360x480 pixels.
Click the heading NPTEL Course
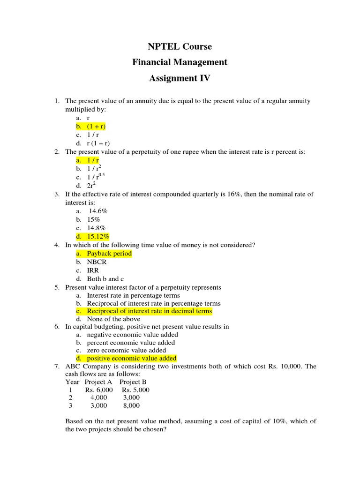pyautogui.click(x=180, y=46)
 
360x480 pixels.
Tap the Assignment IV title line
pyautogui.click(x=180, y=78)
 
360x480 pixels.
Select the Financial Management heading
pyautogui.click(x=180, y=62)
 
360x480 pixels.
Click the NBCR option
pyautogui.click(x=97, y=262)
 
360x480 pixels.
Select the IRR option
pyautogui.click(x=93, y=270)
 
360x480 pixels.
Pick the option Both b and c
pyautogui.click(x=105, y=278)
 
